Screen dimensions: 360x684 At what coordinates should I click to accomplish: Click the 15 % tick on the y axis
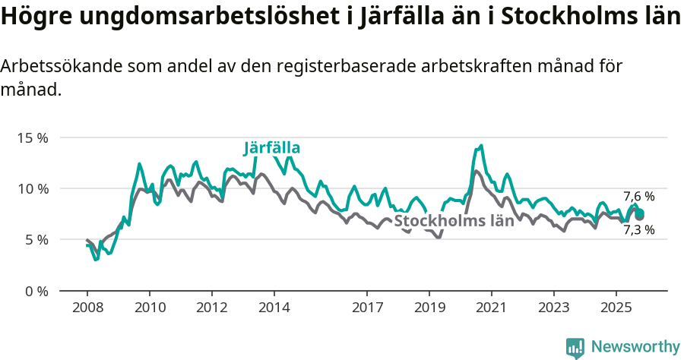tap(33, 138)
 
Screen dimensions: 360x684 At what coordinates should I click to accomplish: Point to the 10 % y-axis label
tap(33, 188)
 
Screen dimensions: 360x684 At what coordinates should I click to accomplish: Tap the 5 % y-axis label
tap(36, 239)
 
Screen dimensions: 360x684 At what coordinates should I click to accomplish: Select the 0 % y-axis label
tap(36, 291)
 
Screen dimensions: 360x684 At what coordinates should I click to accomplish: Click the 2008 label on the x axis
tap(87, 308)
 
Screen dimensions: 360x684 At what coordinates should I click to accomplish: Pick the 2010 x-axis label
tap(149, 308)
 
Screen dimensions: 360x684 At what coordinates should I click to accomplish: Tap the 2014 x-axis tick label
tap(274, 308)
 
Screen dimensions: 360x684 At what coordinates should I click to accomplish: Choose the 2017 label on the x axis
tap(367, 308)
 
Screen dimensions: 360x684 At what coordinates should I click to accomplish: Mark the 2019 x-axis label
tap(429, 308)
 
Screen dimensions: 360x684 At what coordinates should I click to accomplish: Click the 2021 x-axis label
tap(492, 308)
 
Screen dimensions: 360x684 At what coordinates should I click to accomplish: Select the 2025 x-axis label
tap(616, 308)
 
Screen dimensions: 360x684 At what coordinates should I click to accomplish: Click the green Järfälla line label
tap(272, 147)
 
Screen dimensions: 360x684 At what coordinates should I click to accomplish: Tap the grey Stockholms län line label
tap(454, 221)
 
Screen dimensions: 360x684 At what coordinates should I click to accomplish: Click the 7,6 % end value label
tap(638, 196)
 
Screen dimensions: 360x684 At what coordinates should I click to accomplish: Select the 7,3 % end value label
tap(638, 229)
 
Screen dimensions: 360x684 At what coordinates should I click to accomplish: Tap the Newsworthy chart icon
tap(575, 347)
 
